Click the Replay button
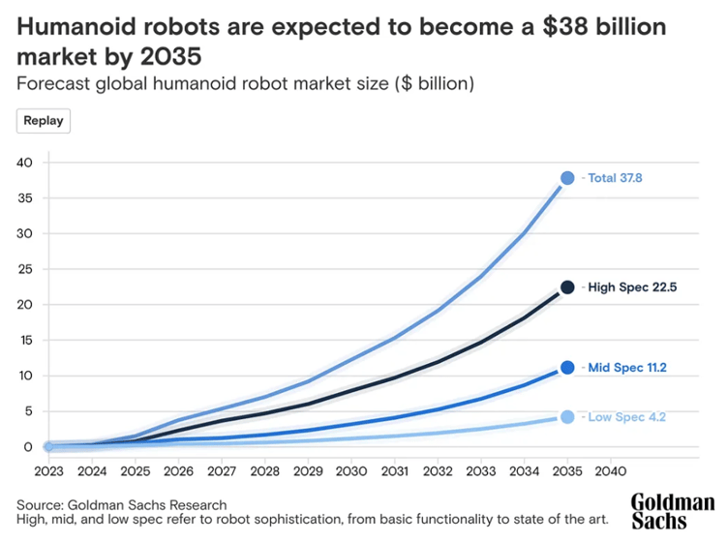(x=44, y=121)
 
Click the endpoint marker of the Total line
(x=567, y=178)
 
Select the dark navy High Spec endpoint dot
(x=567, y=287)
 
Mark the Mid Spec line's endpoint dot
(x=567, y=368)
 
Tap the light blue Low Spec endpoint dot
(x=567, y=417)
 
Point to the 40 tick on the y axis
(x=26, y=163)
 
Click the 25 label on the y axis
(x=26, y=269)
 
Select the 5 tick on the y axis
(x=30, y=411)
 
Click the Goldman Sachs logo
(x=672, y=511)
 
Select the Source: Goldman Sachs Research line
(x=122, y=504)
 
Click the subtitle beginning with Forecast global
(x=245, y=83)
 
